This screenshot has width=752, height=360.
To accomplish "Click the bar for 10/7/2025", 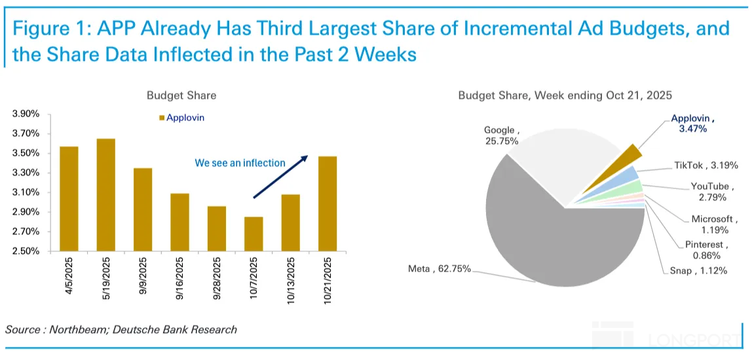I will point(254,234).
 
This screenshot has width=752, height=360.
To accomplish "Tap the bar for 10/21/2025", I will point(328,204).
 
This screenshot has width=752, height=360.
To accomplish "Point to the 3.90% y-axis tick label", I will point(26,114).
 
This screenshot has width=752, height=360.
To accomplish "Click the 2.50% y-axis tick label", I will point(26,251).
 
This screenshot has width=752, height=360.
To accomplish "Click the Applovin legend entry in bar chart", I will point(183,118).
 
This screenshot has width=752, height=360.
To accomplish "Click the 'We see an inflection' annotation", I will point(240,163).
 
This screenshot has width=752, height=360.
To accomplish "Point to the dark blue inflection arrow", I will point(280,176).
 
